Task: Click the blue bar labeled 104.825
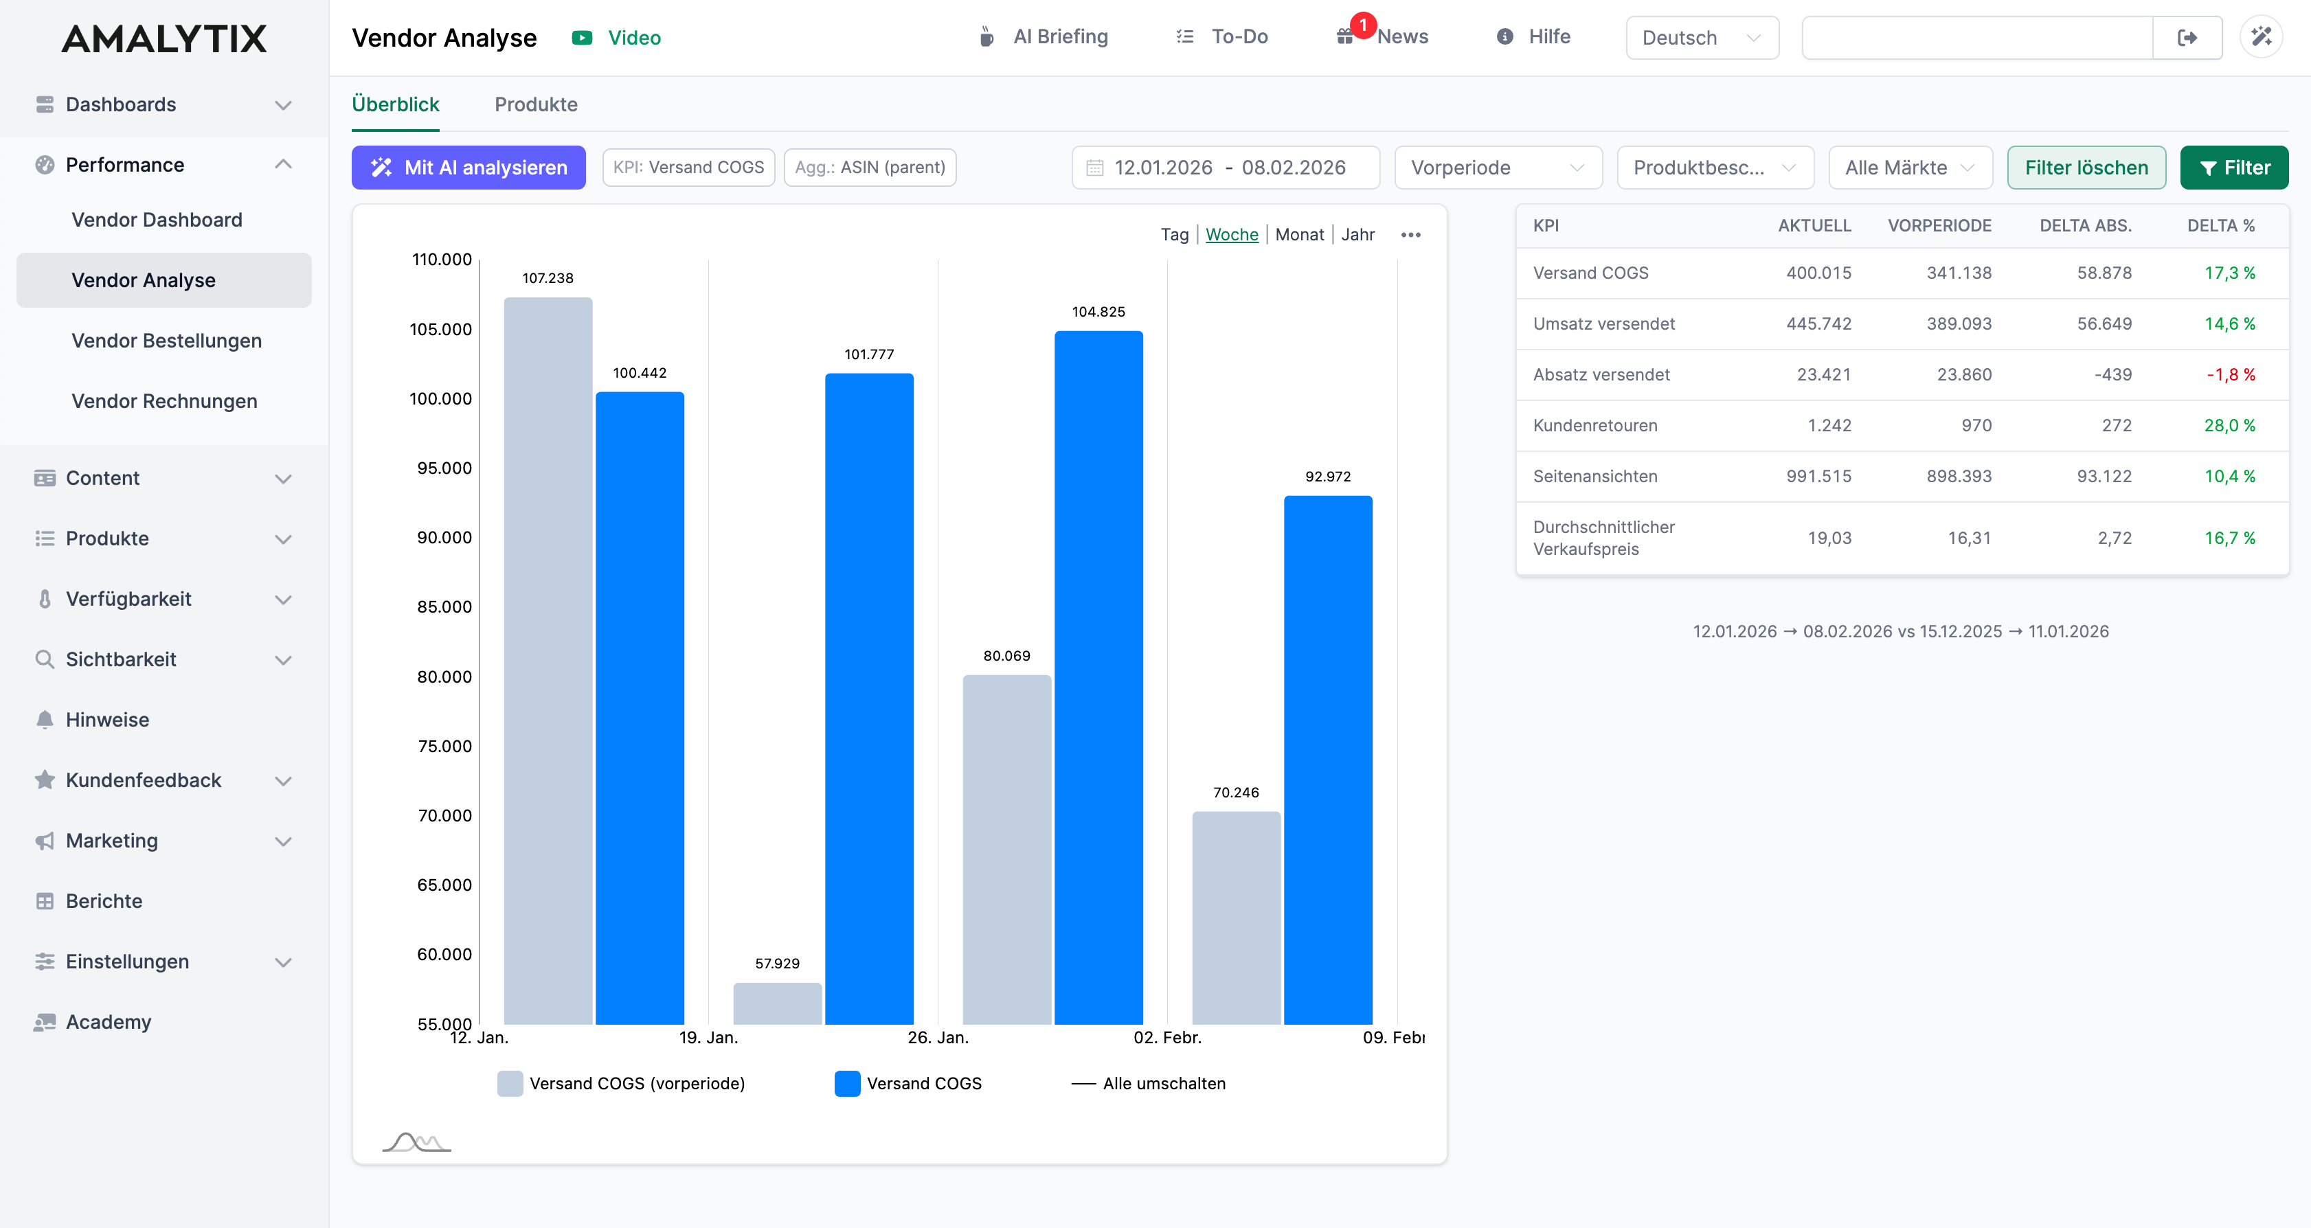[x=1098, y=677]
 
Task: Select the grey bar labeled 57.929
[x=777, y=1003]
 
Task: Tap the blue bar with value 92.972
[x=1328, y=759]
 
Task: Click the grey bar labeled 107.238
[x=548, y=660]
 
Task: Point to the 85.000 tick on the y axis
[x=444, y=607]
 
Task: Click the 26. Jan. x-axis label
[x=938, y=1038]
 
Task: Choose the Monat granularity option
[x=1299, y=234]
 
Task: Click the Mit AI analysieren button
[x=469, y=168]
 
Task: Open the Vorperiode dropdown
[x=1498, y=168]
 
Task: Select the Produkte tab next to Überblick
[x=536, y=104]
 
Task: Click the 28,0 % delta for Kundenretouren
[x=2229, y=425]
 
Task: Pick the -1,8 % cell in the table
[x=2230, y=374]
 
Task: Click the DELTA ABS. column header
[x=2085, y=225]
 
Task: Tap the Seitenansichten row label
[x=1594, y=477]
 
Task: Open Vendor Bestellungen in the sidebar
[x=166, y=341]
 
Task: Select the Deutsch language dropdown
[x=1701, y=38]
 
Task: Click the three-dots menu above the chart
[x=1410, y=235]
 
